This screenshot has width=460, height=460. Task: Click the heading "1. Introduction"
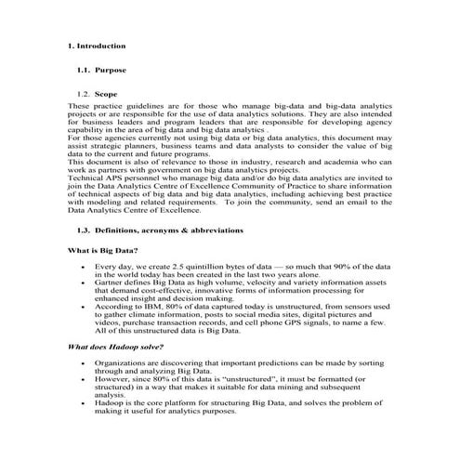click(96, 45)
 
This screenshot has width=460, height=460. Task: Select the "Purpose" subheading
click(110, 70)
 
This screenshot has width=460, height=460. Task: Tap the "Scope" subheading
click(106, 95)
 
